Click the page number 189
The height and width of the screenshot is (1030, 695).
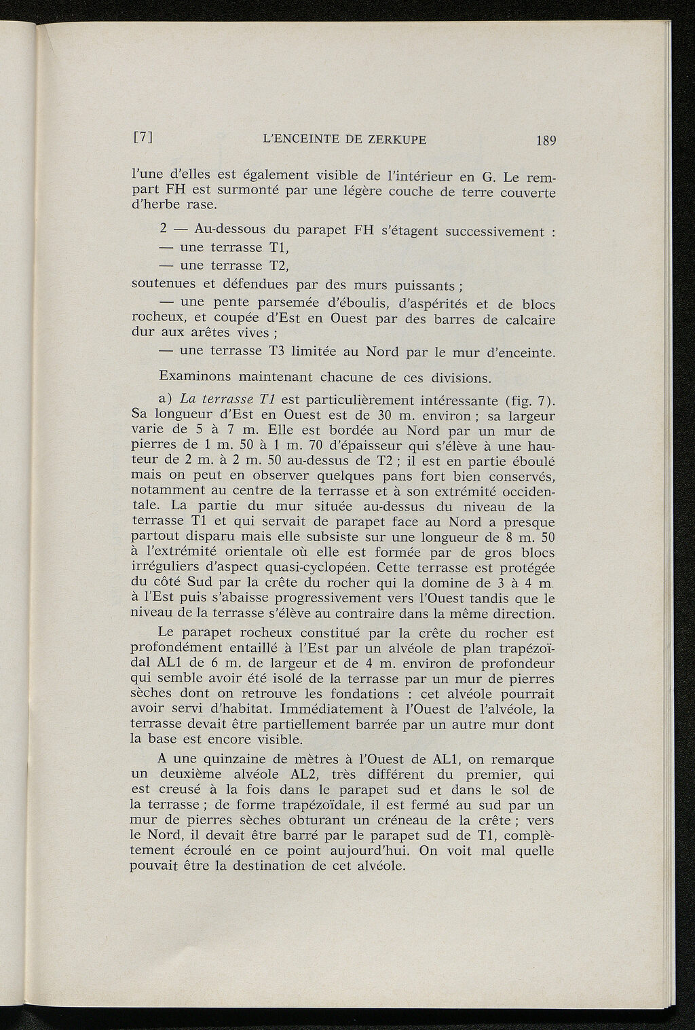coord(545,141)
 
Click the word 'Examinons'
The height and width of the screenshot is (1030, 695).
coord(191,375)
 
